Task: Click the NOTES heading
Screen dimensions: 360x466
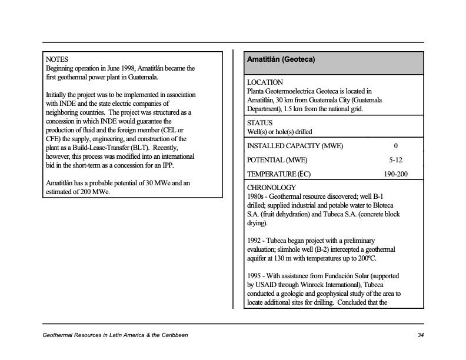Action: [x=57, y=59]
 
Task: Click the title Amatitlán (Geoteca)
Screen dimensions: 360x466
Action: [x=281, y=60]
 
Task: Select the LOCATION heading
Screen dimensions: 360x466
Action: [x=265, y=82]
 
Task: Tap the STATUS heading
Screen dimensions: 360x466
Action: [x=259, y=122]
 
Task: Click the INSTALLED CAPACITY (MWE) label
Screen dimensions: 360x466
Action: [x=295, y=146]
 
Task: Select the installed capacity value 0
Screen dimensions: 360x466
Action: [x=395, y=146]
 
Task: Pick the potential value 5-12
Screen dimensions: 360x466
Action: [x=395, y=160]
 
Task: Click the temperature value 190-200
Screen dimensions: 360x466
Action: [x=395, y=174]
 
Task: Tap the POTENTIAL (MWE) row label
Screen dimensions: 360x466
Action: [x=277, y=160]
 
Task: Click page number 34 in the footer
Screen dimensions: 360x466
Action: [x=420, y=335]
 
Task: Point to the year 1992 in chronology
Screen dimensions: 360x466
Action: [x=255, y=241]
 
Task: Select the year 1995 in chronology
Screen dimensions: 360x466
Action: [x=255, y=276]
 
